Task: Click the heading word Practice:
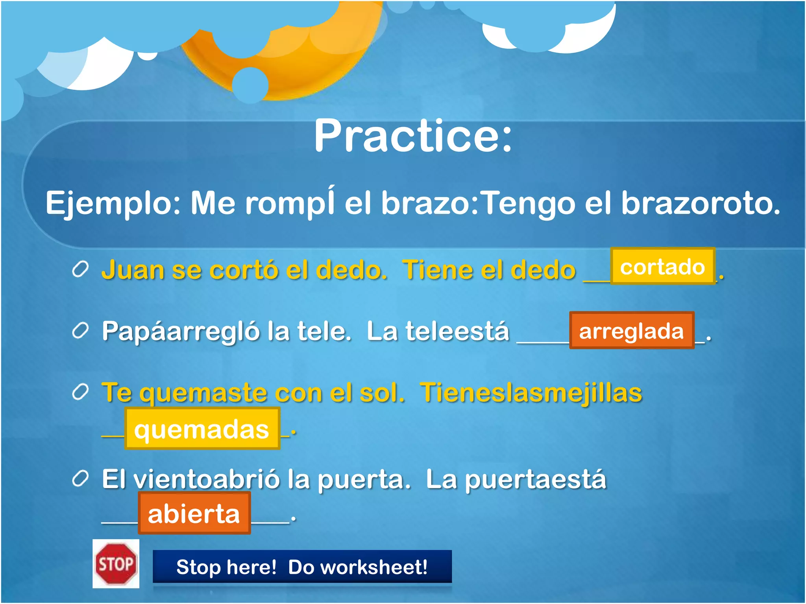[x=413, y=136]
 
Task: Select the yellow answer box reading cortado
[x=662, y=267]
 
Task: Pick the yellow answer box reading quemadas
[x=202, y=429]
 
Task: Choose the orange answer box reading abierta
[x=194, y=514]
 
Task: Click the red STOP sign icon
[x=116, y=564]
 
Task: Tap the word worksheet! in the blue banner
[x=358, y=567]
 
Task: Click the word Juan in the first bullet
[x=133, y=271]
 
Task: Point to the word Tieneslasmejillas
[x=531, y=392]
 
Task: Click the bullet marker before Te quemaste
[x=80, y=392]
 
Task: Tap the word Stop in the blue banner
[x=198, y=567]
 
